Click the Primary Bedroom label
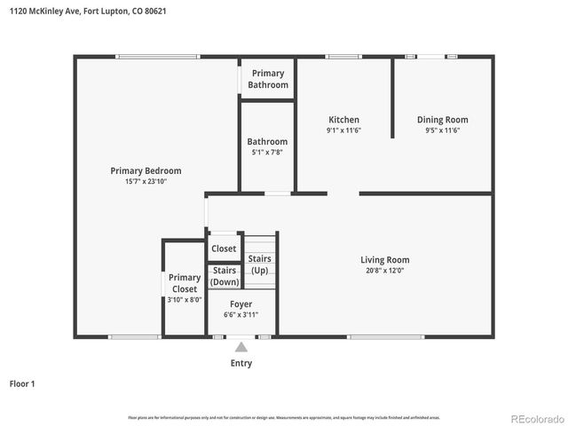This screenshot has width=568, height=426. click(146, 170)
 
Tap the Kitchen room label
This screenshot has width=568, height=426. click(343, 120)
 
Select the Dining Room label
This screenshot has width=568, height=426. click(443, 120)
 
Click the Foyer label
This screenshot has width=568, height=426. click(241, 304)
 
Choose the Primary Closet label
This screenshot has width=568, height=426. click(185, 283)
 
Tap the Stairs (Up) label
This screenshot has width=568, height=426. click(259, 264)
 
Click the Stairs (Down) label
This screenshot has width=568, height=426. click(225, 276)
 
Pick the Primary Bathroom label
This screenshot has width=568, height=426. click(268, 79)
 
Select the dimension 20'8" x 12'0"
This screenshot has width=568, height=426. click(384, 272)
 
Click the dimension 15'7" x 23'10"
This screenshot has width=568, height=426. click(146, 181)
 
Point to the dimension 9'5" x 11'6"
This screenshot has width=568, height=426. click(443, 130)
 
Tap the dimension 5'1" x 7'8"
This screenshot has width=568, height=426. click(267, 152)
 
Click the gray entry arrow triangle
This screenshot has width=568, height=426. click(241, 347)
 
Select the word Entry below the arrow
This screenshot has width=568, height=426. click(241, 363)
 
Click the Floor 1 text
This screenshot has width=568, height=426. click(22, 384)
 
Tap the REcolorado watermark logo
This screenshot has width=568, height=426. click(535, 418)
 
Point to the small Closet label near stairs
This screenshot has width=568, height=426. click(224, 248)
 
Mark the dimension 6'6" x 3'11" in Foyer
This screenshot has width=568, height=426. click(241, 314)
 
